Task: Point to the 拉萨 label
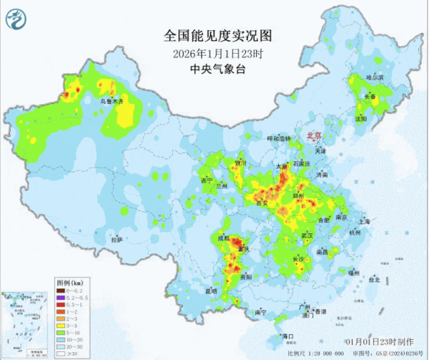coord(117,239)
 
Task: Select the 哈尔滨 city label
coord(376,78)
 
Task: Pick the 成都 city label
coord(222,238)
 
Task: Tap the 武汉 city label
coord(307,236)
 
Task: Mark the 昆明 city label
coord(211,291)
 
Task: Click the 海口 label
coord(289,335)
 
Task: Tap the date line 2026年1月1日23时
coord(214,53)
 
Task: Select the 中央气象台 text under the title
coord(214,70)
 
